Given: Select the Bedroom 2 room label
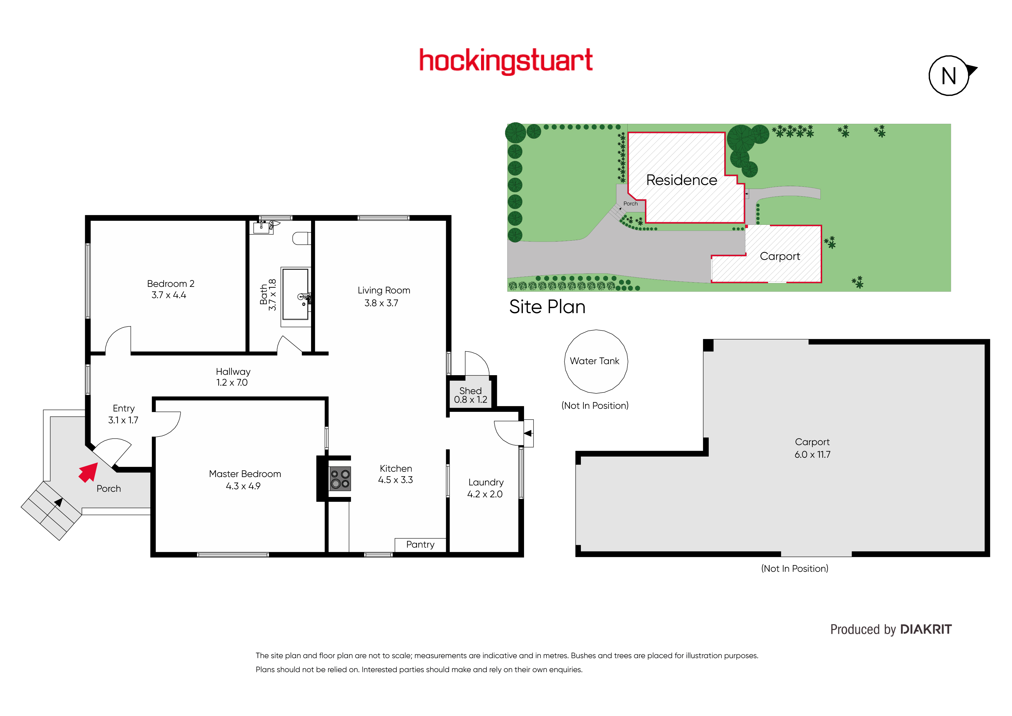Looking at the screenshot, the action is (x=171, y=283).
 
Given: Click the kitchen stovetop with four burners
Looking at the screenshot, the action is (x=340, y=478).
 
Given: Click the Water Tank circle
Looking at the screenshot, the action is (x=596, y=362).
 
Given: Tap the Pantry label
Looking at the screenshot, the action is (x=420, y=545).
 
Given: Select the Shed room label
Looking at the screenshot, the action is (x=470, y=391).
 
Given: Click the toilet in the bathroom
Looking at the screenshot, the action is (x=302, y=238).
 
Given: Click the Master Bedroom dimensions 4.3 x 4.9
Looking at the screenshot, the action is (x=243, y=486).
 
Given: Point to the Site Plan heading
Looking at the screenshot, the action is (x=547, y=307).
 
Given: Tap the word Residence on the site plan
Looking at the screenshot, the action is (x=681, y=180).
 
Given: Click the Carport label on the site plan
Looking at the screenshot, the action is (x=780, y=256).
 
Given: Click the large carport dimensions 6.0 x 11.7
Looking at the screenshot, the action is (x=812, y=455).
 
